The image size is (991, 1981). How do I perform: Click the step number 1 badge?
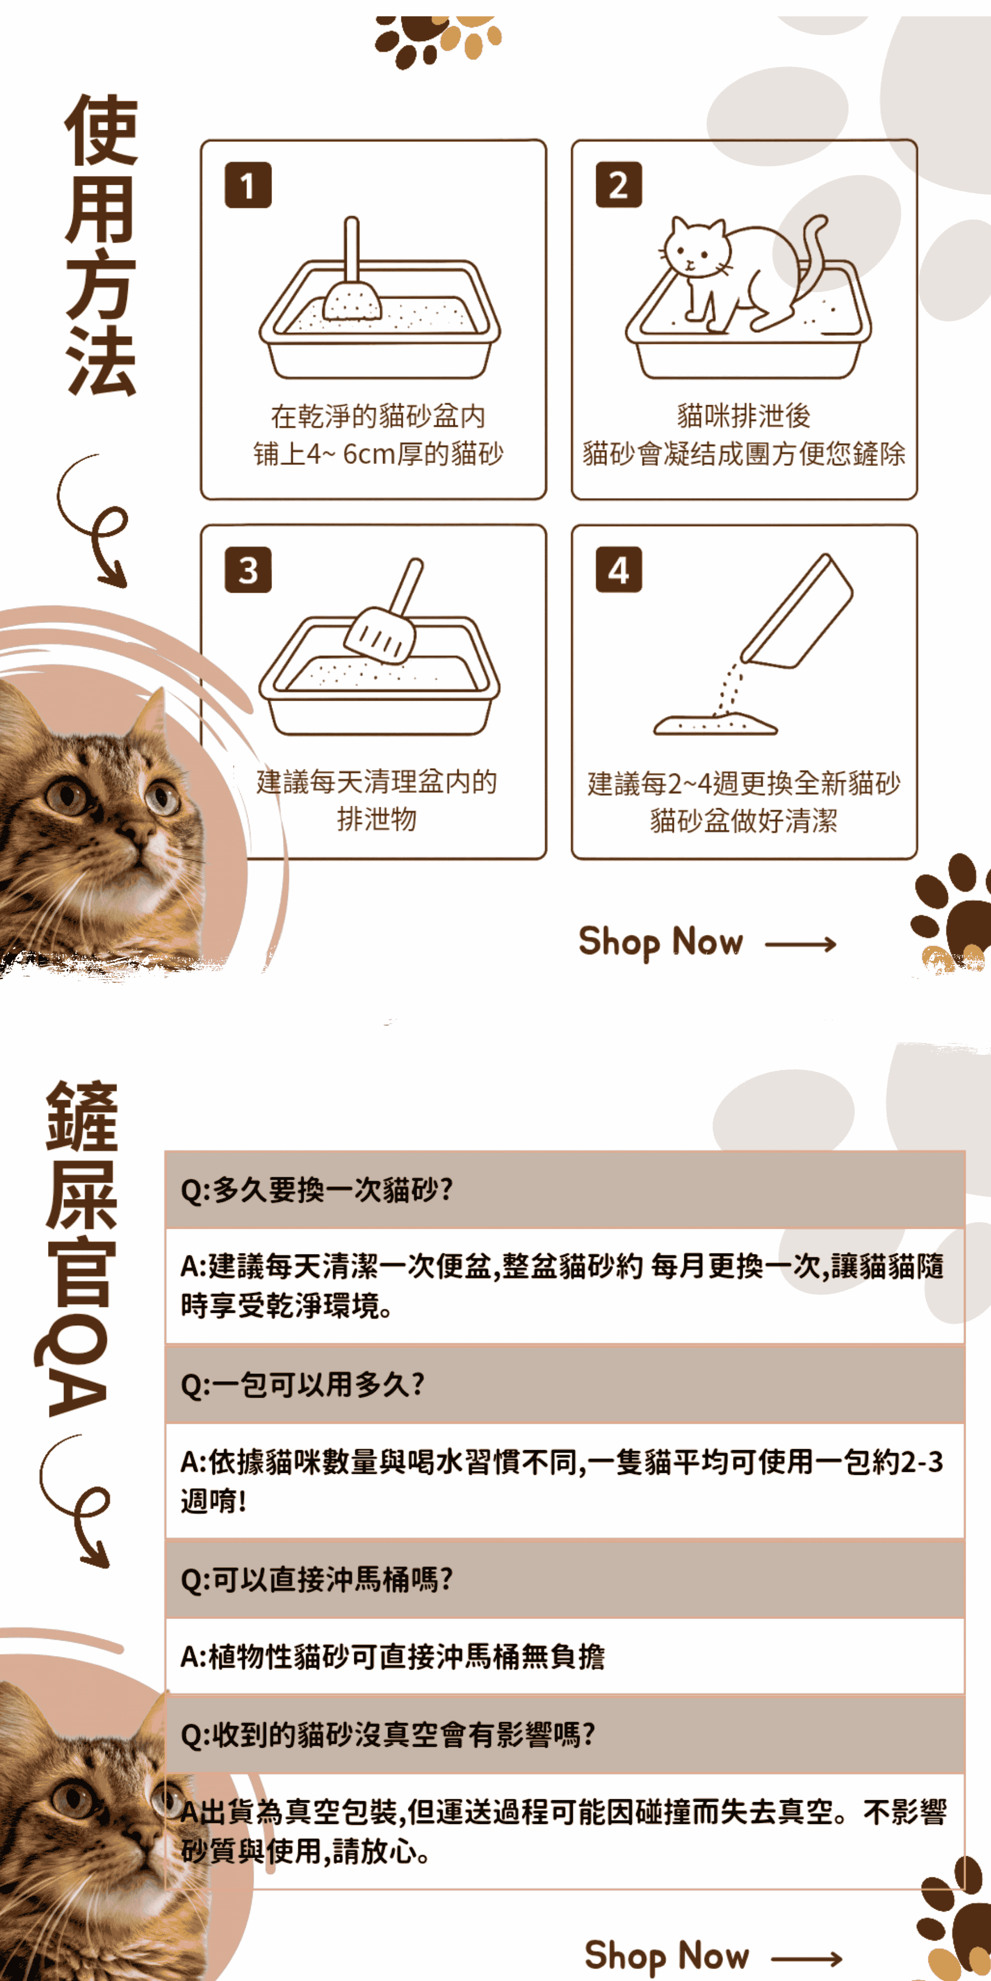point(248,185)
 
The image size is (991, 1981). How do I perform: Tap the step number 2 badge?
point(618,185)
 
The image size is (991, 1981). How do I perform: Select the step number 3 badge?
point(248,570)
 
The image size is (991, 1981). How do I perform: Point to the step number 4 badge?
point(618,570)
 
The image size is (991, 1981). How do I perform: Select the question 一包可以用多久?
point(302,1384)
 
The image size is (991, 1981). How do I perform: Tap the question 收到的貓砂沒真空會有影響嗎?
point(388,1734)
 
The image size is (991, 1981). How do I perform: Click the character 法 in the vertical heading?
point(101,360)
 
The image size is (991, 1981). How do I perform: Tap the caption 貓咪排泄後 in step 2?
point(744,416)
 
